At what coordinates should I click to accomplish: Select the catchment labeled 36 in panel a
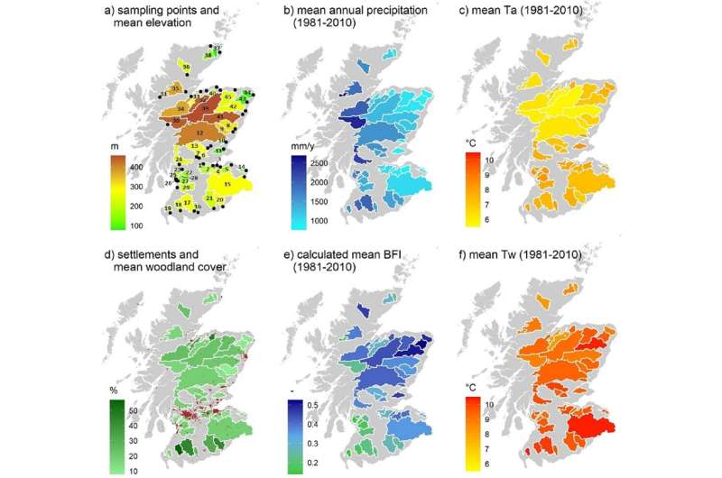point(186,67)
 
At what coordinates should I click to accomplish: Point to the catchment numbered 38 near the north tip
point(208,55)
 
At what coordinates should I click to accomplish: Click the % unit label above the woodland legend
point(114,391)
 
